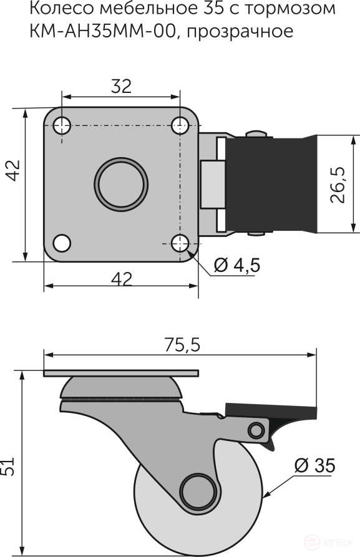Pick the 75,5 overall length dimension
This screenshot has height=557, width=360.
(x=183, y=345)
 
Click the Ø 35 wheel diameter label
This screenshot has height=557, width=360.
(x=314, y=465)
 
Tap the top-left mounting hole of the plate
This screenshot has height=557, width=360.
(x=61, y=125)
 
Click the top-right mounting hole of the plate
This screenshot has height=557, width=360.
(x=180, y=125)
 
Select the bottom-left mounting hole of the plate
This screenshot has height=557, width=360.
(x=61, y=241)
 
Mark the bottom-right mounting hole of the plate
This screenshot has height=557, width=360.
(x=180, y=241)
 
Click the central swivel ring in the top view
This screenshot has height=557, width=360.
(x=122, y=183)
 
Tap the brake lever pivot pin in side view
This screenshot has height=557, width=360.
(x=255, y=430)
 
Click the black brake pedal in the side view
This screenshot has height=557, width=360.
(x=271, y=411)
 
